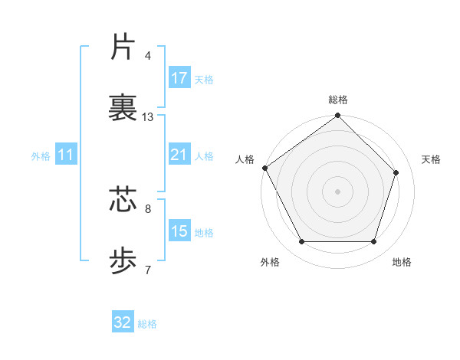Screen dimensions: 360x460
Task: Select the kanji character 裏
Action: [123, 108]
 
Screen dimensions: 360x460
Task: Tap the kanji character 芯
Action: [123, 198]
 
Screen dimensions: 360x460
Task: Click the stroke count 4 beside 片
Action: [148, 55]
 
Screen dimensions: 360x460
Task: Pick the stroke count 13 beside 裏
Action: [148, 117]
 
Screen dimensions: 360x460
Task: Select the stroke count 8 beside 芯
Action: [148, 208]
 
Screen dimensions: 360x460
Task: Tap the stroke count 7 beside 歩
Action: [148, 270]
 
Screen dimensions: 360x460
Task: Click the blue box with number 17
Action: [179, 78]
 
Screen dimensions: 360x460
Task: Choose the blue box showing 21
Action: [179, 155]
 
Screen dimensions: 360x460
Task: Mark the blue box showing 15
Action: [179, 231]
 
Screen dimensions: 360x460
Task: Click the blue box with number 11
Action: [66, 155]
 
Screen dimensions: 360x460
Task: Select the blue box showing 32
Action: [123, 322]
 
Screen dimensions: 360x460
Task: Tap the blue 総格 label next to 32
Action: [147, 324]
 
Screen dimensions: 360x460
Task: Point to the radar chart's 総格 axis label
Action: [338, 100]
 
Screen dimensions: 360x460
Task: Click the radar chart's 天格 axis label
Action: [432, 159]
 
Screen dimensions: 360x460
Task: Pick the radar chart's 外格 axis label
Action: [270, 262]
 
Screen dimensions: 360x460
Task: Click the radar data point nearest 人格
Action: [265, 168]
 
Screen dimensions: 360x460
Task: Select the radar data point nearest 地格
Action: [373, 242]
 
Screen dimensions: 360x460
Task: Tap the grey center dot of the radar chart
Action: [338, 191]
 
